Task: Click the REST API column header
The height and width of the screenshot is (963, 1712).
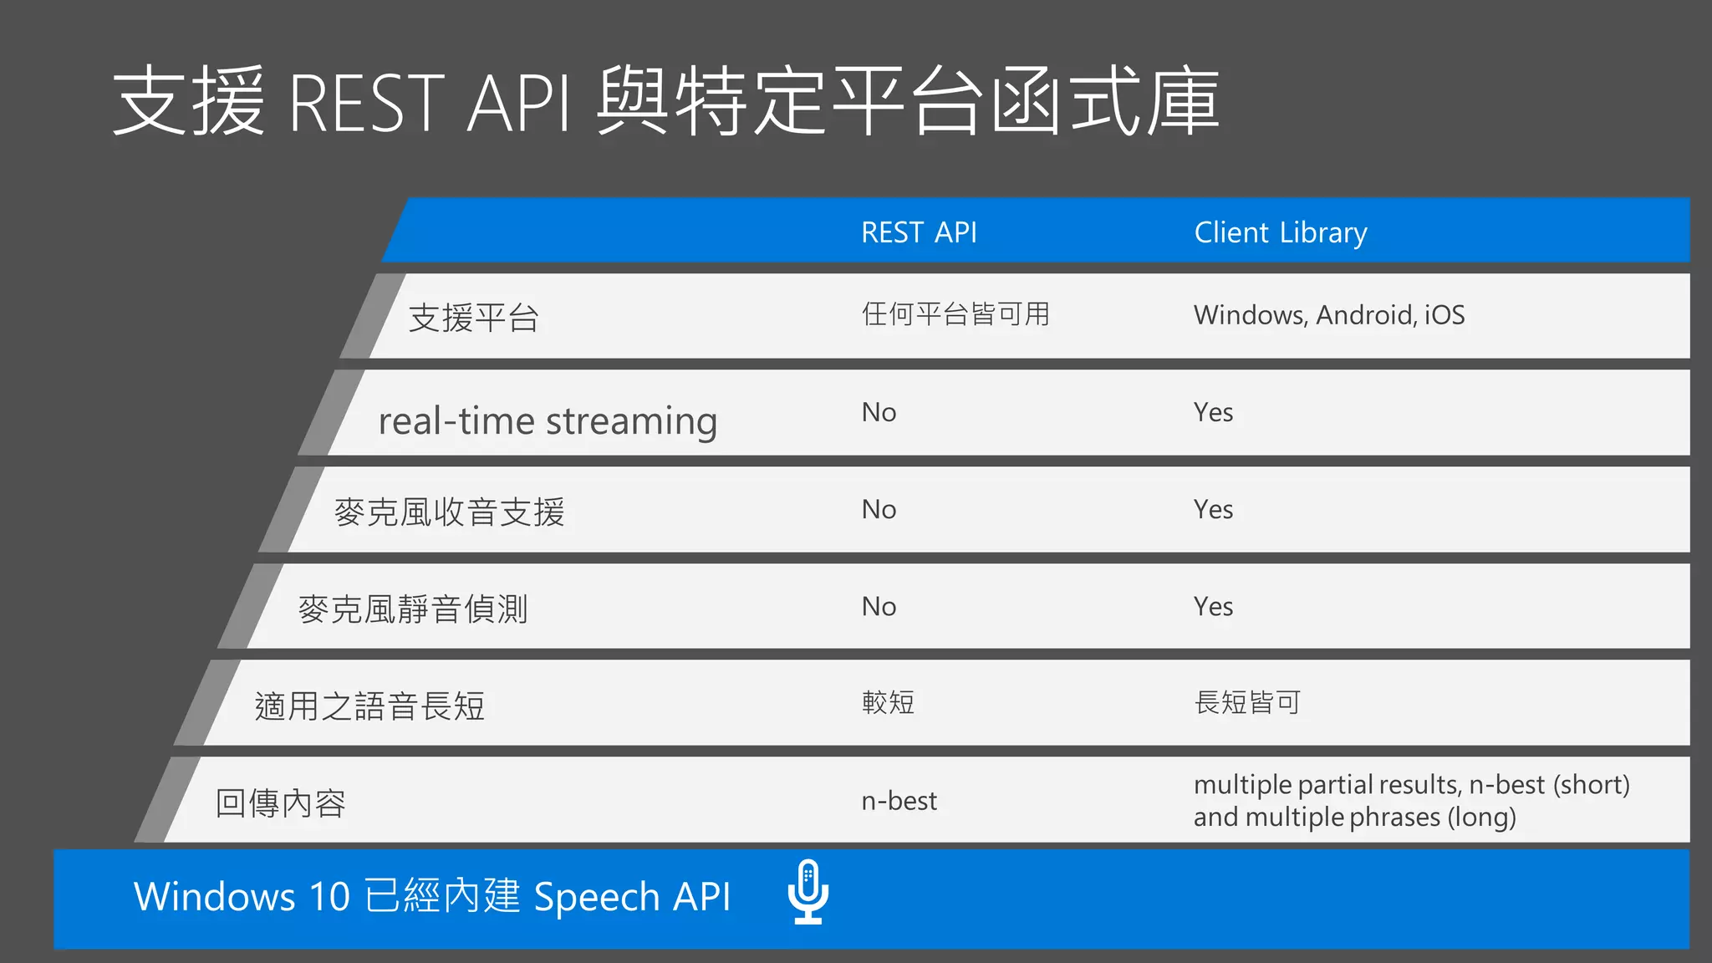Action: point(919,232)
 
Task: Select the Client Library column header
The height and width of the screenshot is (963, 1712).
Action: point(1280,232)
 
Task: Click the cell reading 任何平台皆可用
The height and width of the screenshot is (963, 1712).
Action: point(955,314)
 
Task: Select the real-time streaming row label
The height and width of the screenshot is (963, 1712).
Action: point(548,420)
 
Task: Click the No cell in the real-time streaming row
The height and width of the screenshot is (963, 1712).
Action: point(879,412)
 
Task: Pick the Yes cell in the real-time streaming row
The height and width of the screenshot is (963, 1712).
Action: point(1213,412)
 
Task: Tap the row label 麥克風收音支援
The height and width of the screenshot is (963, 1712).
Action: point(449,512)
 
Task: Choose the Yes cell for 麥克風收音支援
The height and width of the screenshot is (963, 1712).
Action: point(1213,509)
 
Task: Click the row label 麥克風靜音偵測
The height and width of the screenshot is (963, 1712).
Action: point(413,609)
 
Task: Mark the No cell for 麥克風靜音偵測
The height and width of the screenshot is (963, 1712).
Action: point(879,606)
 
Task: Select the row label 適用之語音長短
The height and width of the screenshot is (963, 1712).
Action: point(369,706)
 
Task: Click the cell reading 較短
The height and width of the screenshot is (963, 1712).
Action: point(888,702)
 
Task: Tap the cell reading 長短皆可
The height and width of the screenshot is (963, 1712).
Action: point(1247,702)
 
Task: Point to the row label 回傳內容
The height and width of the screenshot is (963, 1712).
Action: point(281,803)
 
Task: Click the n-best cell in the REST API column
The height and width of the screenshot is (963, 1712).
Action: point(899,801)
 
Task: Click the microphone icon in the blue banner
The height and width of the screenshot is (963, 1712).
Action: point(808,892)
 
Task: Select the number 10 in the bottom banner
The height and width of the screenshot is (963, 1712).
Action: point(329,897)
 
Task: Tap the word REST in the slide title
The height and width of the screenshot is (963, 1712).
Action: point(366,104)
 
